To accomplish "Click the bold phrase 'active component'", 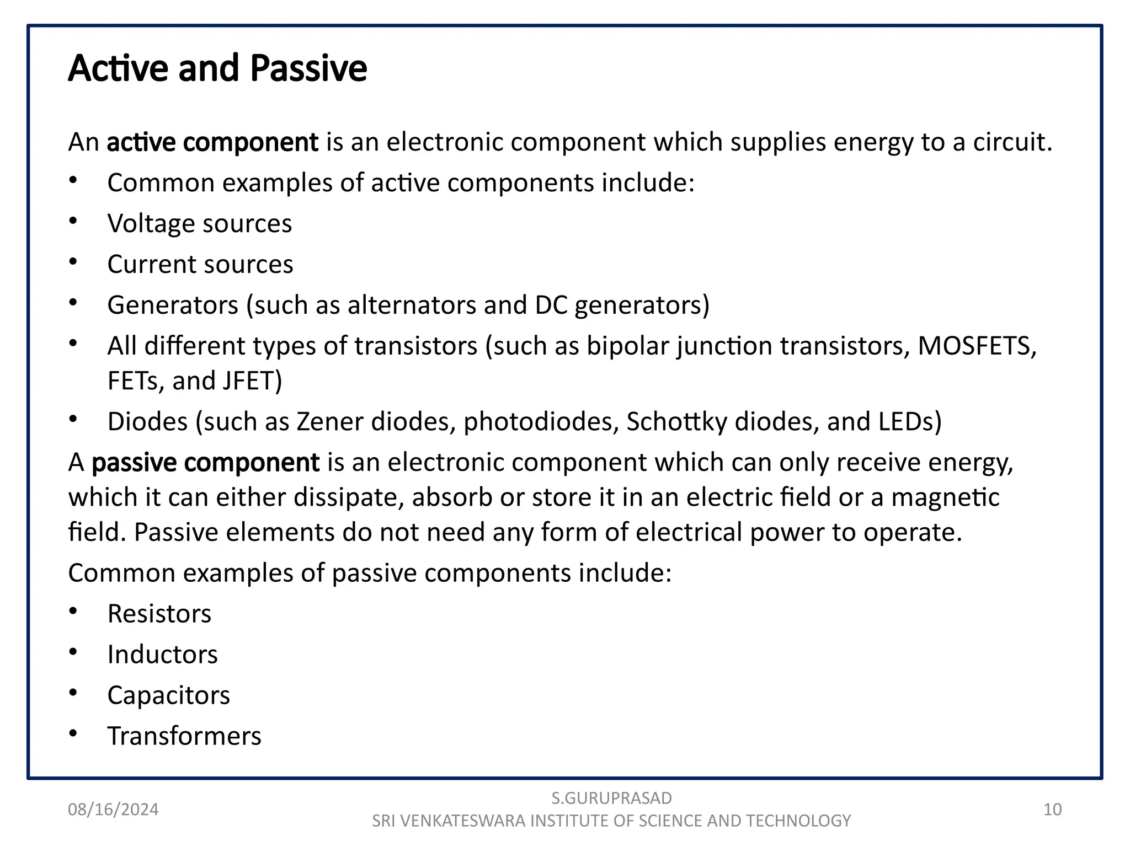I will pyautogui.click(x=212, y=142).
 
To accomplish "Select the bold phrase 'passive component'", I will pyautogui.click(x=205, y=462).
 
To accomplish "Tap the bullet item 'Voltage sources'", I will pyautogui.click(x=200, y=224).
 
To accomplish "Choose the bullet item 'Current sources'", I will pyautogui.click(x=200, y=265).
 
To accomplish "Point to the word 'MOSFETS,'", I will pyautogui.click(x=977, y=346).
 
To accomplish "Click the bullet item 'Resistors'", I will pyautogui.click(x=159, y=614).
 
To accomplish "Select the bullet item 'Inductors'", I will pyautogui.click(x=163, y=655).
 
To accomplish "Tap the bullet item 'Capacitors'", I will pyautogui.click(x=169, y=695).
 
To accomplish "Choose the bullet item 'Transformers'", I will pyautogui.click(x=184, y=736).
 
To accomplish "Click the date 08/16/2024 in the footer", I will pyautogui.click(x=113, y=810).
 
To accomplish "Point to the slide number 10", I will pyautogui.click(x=1052, y=810).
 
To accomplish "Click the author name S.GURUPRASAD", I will pyautogui.click(x=611, y=798).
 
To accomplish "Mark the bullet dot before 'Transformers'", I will pyautogui.click(x=73, y=734).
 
